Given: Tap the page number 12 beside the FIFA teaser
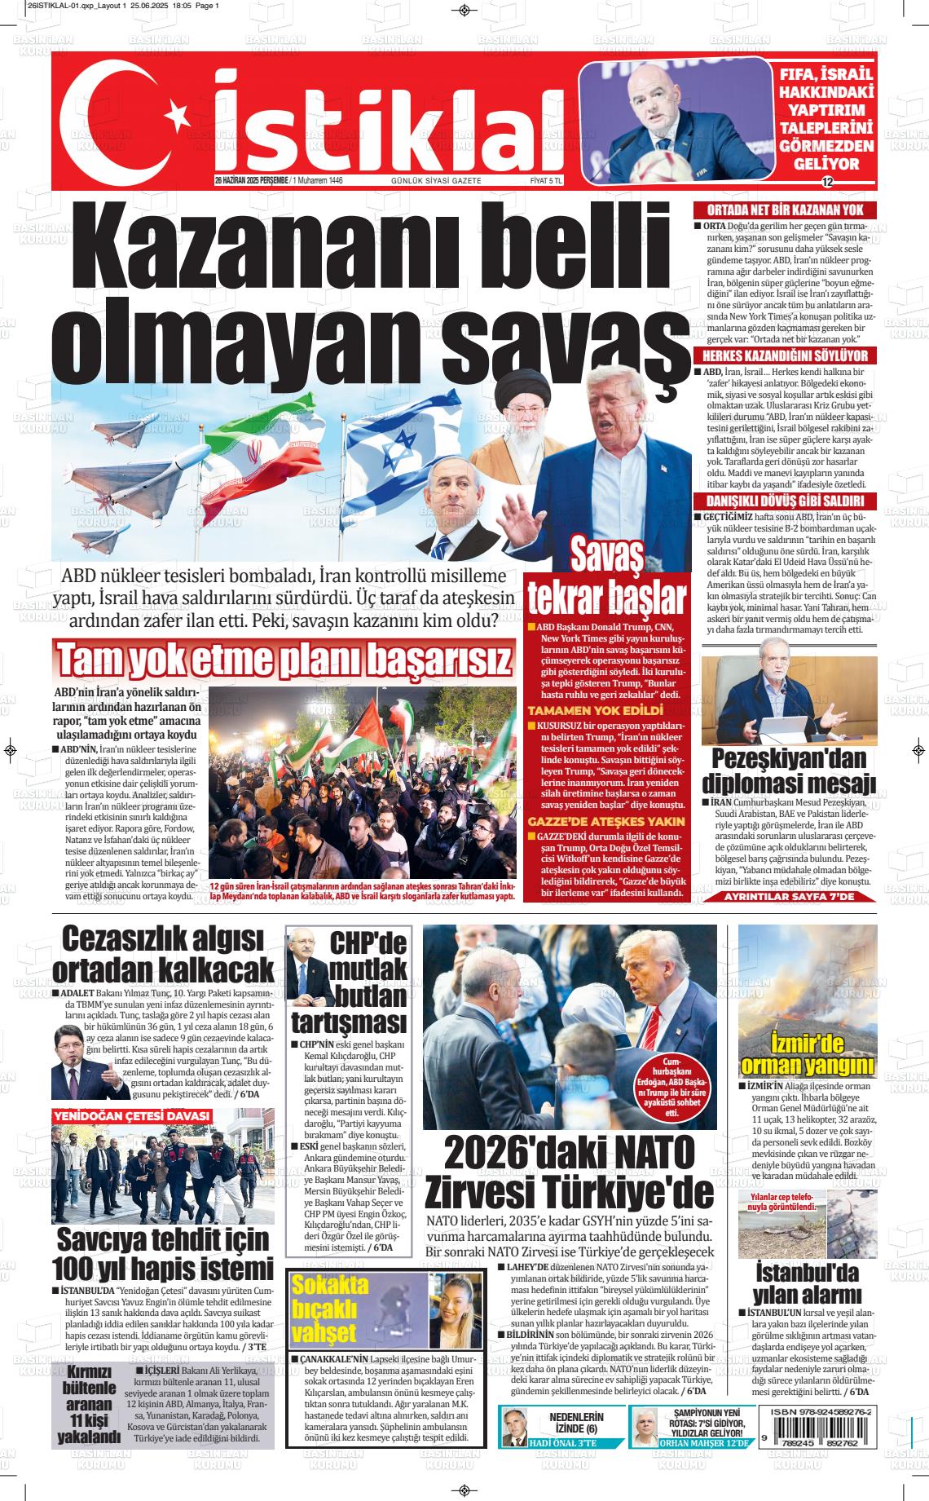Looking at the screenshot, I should point(827,181).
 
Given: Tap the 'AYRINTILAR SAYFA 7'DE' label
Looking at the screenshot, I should point(789,897).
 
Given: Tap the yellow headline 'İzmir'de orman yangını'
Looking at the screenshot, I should point(808,1054).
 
